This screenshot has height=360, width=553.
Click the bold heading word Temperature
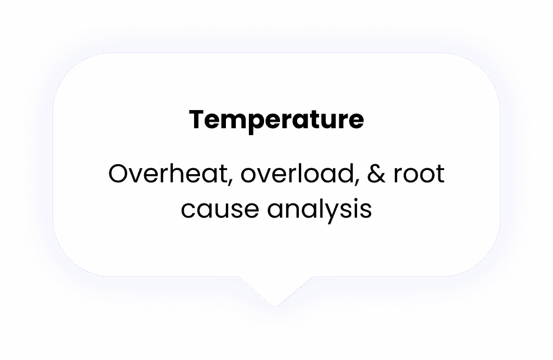(276, 121)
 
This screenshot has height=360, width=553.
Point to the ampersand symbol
(377, 174)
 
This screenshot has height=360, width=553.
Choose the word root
(419, 175)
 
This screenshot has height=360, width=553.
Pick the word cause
(219, 209)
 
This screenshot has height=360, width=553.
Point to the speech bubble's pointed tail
(275, 305)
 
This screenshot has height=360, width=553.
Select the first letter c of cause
(188, 210)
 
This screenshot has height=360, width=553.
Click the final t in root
(439, 174)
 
